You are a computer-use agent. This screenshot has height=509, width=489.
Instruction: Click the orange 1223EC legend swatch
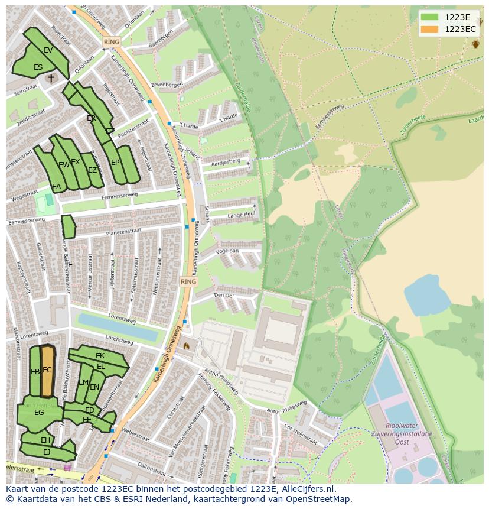[431, 29]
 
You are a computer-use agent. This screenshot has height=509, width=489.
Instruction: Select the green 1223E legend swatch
[431, 17]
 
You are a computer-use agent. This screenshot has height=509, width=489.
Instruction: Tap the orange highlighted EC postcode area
[47, 371]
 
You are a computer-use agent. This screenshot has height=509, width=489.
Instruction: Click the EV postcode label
[48, 50]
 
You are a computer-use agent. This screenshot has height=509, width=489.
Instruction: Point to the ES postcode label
[38, 67]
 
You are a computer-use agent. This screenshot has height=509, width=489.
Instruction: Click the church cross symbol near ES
[51, 78]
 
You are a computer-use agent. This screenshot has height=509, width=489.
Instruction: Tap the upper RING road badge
[111, 42]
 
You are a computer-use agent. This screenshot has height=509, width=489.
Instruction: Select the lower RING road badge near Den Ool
[188, 282]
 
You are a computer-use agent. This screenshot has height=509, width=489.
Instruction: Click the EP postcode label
[115, 163]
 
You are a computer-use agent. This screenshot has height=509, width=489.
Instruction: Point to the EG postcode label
[39, 413]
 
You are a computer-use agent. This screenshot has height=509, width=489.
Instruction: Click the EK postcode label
[100, 356]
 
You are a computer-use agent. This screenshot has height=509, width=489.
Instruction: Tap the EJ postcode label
[47, 452]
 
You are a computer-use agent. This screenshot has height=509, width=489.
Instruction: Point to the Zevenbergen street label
[167, 85]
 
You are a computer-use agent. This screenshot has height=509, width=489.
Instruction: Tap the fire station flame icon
[187, 346]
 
